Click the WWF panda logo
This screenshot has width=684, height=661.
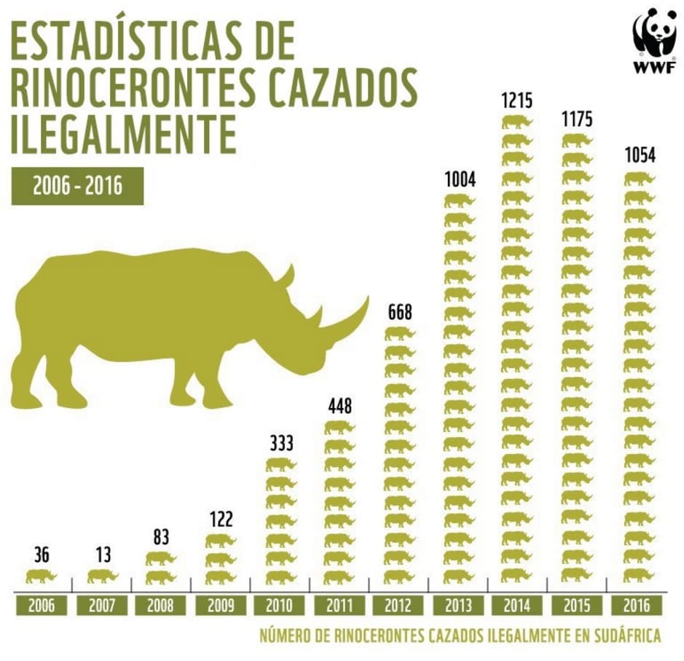click(654, 40)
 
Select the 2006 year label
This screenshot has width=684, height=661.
click(42, 605)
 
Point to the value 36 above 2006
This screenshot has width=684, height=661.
click(42, 556)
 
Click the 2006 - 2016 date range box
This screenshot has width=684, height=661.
click(77, 187)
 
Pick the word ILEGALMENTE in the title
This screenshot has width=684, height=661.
click(124, 133)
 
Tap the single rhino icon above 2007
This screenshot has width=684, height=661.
click(102, 576)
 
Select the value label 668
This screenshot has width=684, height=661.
click(399, 313)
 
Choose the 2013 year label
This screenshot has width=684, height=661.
click(459, 605)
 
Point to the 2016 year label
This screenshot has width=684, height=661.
click(637, 605)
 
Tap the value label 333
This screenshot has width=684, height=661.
click(280, 443)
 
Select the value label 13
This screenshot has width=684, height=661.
click(102, 556)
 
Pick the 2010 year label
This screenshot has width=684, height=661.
click(280, 605)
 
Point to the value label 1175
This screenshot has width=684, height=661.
click(578, 118)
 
